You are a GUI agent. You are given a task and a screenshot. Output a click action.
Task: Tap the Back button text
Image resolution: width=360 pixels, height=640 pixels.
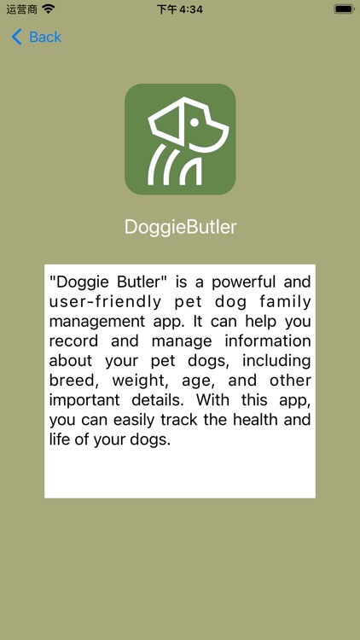point(45,37)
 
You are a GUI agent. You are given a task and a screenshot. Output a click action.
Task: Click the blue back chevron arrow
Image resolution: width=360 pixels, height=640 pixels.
point(16,37)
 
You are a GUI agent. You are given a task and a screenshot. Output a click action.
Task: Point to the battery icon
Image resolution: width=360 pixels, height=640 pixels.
point(343,9)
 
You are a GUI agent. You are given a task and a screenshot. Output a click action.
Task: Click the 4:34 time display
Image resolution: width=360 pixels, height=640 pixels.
point(180,9)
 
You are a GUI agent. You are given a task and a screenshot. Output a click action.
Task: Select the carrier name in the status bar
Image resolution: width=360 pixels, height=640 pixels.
point(20,9)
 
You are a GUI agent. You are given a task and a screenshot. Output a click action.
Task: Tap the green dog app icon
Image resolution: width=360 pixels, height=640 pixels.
point(180,139)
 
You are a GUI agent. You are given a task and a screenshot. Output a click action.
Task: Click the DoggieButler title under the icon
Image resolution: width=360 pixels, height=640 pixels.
point(180,227)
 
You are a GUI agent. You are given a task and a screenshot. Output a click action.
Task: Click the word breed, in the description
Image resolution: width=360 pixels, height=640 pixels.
point(73,380)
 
